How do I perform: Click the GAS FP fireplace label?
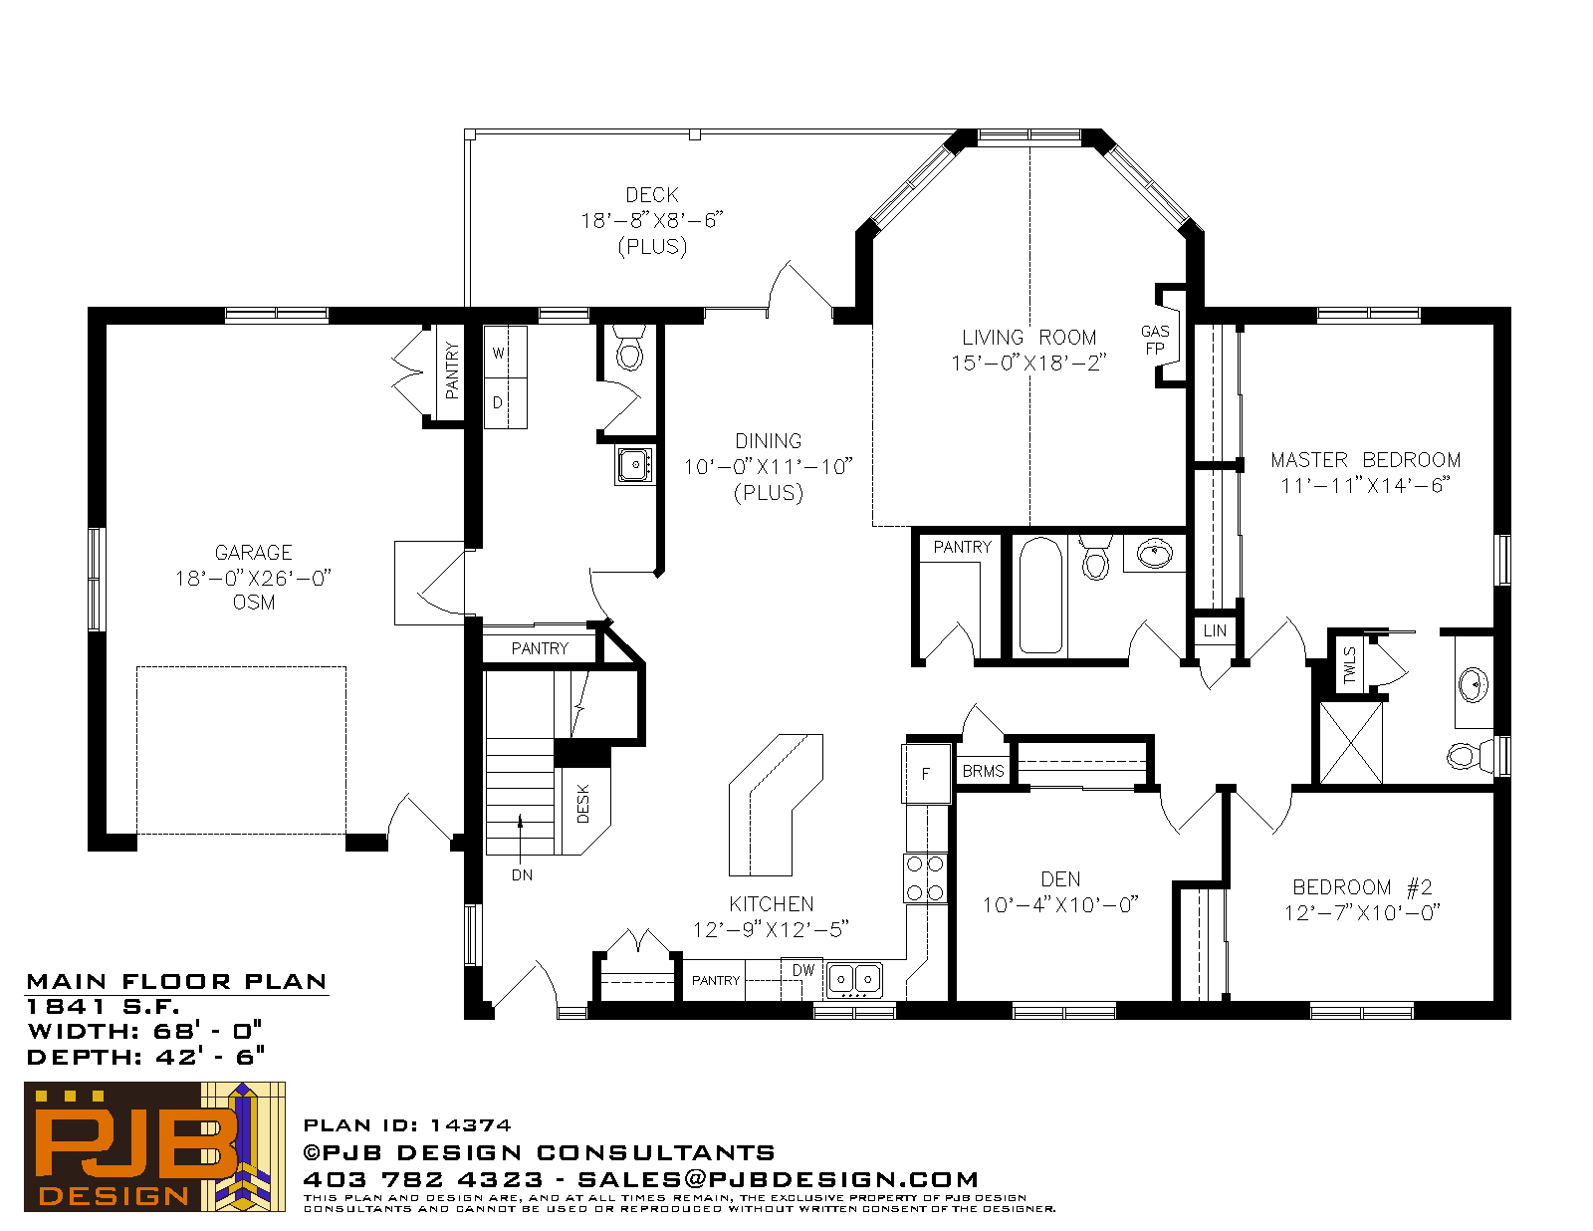click(1155, 341)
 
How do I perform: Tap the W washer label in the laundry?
click(499, 354)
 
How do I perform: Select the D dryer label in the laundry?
click(498, 402)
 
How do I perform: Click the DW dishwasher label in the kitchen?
click(803, 970)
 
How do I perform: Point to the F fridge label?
click(926, 774)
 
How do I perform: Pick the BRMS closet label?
click(983, 771)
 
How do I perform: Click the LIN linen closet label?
click(1215, 630)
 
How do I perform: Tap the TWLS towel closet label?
click(1350, 665)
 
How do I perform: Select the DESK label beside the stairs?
click(583, 803)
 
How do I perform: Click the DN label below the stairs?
click(522, 874)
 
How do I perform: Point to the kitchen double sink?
click(854, 979)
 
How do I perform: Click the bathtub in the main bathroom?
click(1041, 596)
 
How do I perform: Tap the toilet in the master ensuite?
click(1469, 755)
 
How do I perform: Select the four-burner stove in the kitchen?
click(925, 877)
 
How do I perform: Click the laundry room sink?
click(635, 465)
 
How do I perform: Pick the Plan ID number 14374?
click(470, 1125)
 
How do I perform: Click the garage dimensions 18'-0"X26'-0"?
click(253, 579)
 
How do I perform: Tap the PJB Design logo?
click(154, 1146)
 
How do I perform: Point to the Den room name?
click(1060, 879)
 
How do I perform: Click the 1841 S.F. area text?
click(103, 1007)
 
